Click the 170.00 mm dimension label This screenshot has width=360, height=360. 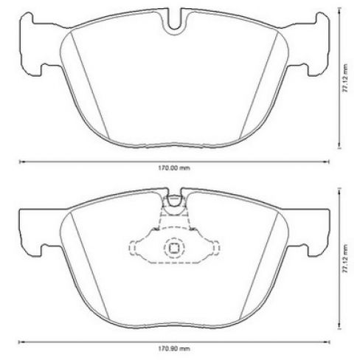pyautogui.click(x=175, y=169)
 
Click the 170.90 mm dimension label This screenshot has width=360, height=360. pyautogui.click(x=175, y=347)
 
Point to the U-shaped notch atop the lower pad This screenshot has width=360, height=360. pyautogui.click(x=174, y=199)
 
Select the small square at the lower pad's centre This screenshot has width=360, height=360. pyautogui.click(x=175, y=249)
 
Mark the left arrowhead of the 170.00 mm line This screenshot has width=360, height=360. pyautogui.click(x=20, y=162)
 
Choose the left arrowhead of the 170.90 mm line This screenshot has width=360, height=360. pyautogui.click(x=20, y=341)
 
